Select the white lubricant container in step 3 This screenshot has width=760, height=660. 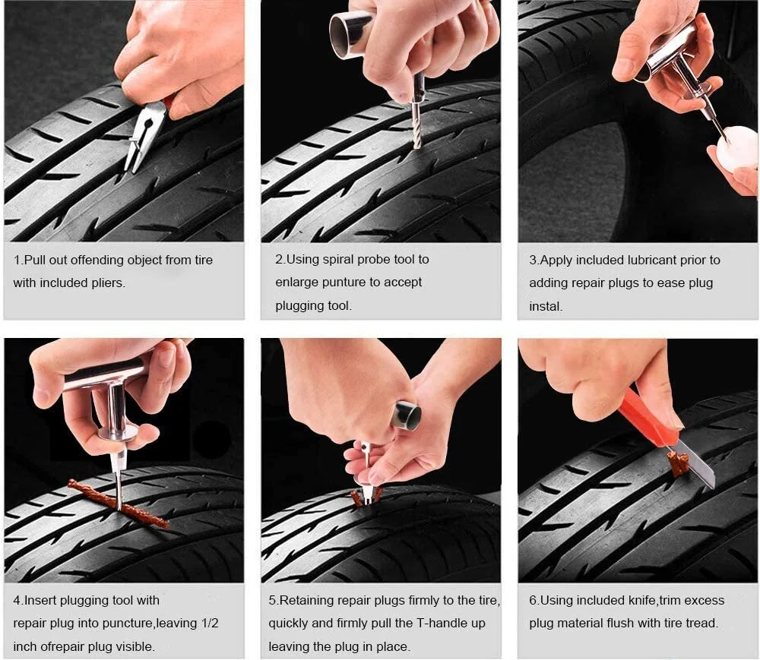[x=735, y=147]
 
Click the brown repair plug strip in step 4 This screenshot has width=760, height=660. [x=119, y=504]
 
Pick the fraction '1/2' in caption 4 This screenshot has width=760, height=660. [x=211, y=624]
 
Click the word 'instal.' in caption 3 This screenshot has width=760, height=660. [x=546, y=306]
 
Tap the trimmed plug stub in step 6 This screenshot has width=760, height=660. [x=678, y=463]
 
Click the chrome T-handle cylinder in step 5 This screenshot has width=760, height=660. [x=406, y=415]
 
